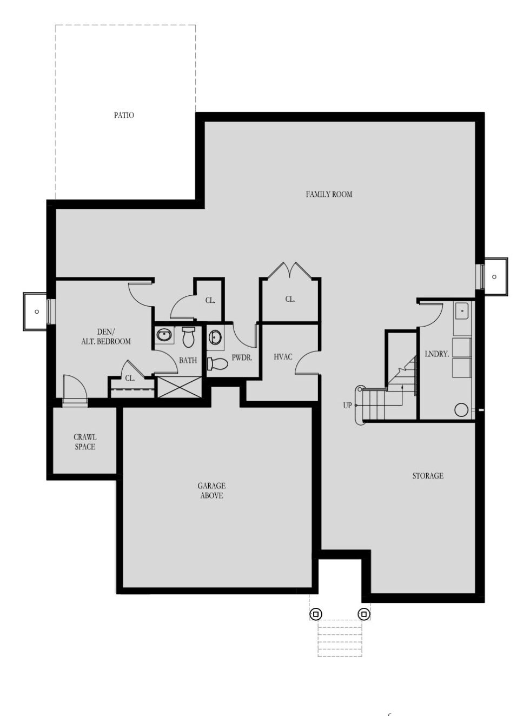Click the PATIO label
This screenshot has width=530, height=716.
(x=124, y=115)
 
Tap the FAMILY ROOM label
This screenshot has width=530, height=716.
(x=329, y=194)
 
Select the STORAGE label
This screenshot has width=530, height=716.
(x=428, y=476)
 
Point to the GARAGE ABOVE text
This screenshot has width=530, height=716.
(x=211, y=490)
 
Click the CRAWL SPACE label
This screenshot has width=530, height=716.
(x=85, y=442)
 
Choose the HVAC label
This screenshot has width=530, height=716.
(x=283, y=357)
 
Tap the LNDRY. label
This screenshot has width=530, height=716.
(x=436, y=354)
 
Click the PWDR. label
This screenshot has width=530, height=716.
(x=242, y=357)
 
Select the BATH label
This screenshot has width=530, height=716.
(x=188, y=360)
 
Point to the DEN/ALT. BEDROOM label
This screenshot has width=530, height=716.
(x=106, y=337)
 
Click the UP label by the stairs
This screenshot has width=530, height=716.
(x=347, y=406)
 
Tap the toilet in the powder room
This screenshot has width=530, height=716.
(x=217, y=364)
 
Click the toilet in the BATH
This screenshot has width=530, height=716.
(x=188, y=337)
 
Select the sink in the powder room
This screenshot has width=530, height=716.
(x=215, y=337)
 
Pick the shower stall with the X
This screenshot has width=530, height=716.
(x=179, y=387)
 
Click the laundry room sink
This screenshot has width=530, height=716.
(x=462, y=311)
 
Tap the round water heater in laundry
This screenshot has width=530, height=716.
(x=461, y=410)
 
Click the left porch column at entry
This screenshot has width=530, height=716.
(x=315, y=614)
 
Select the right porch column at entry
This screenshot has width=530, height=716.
(x=363, y=614)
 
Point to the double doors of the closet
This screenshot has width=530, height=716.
(x=290, y=270)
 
